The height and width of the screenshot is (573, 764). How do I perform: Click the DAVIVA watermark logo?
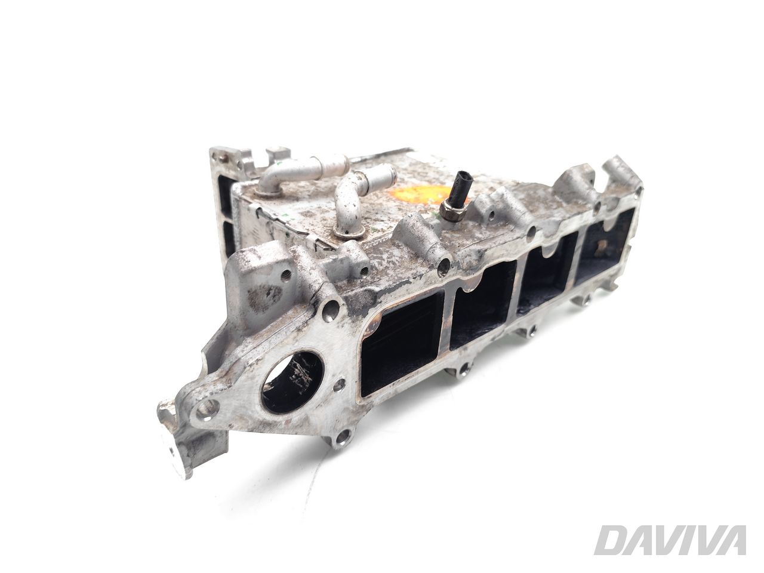671,541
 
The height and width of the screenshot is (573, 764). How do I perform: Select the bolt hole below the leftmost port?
341,440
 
